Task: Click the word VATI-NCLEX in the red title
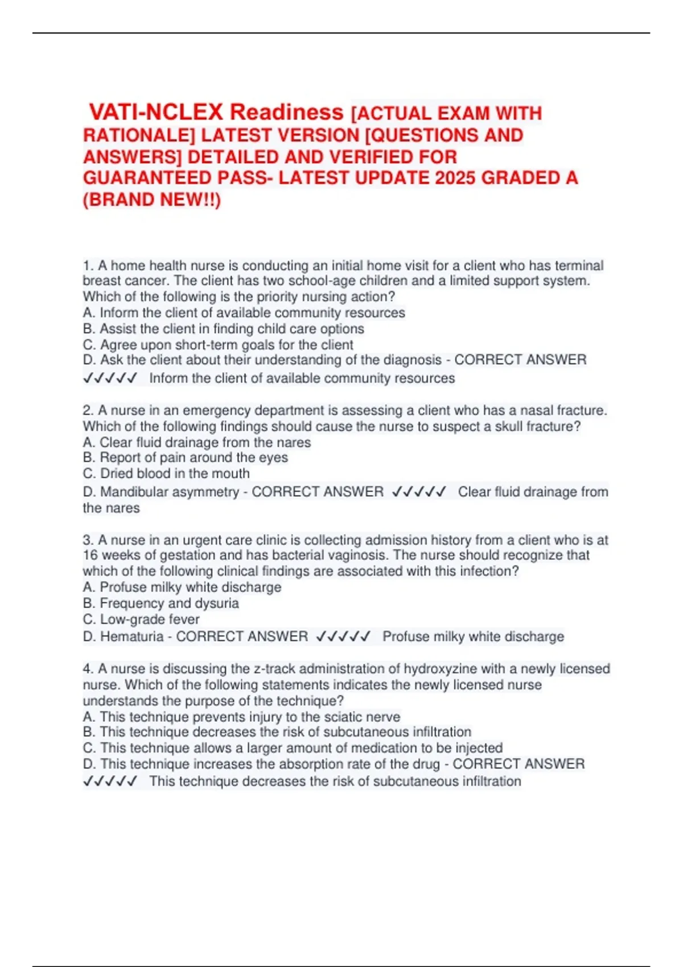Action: [x=156, y=112]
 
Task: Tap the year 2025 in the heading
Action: [x=455, y=178]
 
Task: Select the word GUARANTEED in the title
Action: [x=147, y=178]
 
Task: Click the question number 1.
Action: [x=88, y=266]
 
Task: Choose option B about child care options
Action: [x=223, y=329]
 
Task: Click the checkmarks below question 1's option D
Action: [x=110, y=378]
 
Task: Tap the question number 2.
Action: [x=88, y=410]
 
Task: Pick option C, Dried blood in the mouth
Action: [x=166, y=473]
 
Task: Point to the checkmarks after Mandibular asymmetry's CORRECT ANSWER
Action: [x=419, y=491]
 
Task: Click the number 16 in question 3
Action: [x=90, y=555]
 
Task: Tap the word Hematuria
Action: [x=131, y=636]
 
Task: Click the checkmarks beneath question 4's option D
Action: [x=110, y=781]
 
